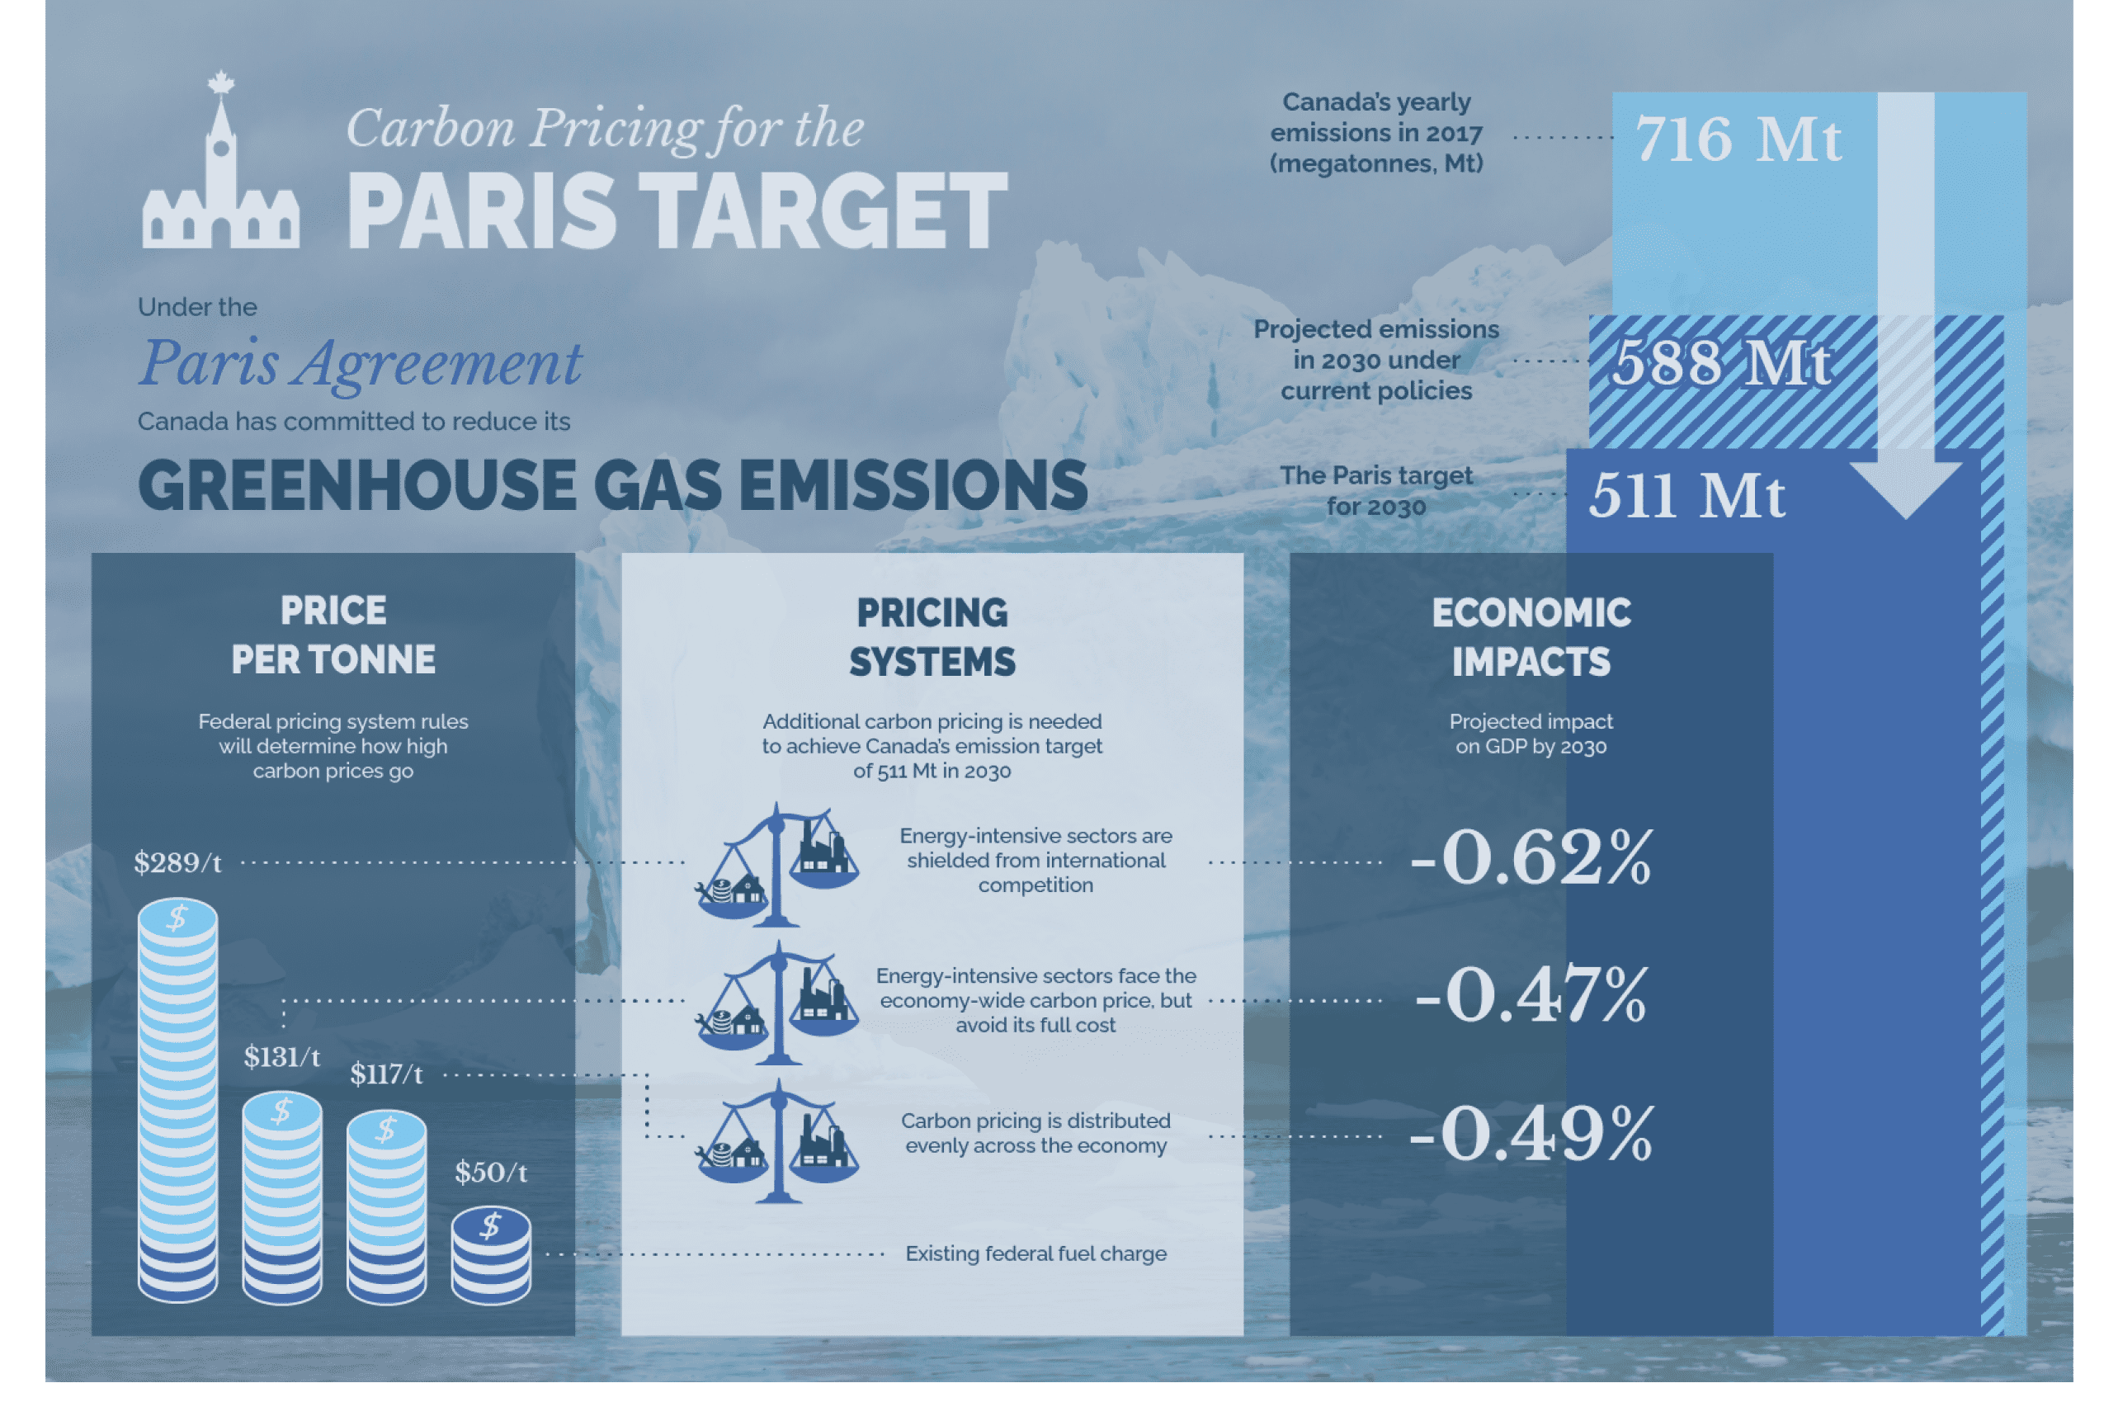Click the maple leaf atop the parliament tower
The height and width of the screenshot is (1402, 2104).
(x=221, y=83)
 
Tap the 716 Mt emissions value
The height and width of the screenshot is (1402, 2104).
(x=1738, y=139)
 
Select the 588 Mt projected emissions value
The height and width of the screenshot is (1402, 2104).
(x=1720, y=362)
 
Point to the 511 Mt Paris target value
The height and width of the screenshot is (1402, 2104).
(x=1687, y=494)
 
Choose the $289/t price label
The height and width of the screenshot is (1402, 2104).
(x=178, y=863)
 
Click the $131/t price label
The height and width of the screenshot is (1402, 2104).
(x=282, y=1058)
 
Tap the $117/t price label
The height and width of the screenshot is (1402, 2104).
(x=386, y=1074)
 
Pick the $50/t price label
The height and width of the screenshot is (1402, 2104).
(x=491, y=1173)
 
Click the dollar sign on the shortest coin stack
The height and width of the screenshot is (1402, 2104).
(x=490, y=1226)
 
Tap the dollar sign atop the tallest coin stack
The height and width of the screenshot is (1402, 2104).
(x=178, y=918)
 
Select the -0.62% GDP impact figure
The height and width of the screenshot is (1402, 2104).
(x=1531, y=857)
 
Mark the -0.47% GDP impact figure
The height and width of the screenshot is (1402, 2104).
(x=1531, y=994)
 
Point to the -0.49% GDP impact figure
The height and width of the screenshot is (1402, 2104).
(x=1531, y=1134)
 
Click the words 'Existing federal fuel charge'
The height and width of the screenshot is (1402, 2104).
(x=1036, y=1253)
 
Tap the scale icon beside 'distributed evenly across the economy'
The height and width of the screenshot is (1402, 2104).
(x=777, y=1141)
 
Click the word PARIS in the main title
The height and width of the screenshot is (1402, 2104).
(x=482, y=211)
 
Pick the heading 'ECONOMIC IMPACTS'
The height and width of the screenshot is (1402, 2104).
(x=1531, y=638)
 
